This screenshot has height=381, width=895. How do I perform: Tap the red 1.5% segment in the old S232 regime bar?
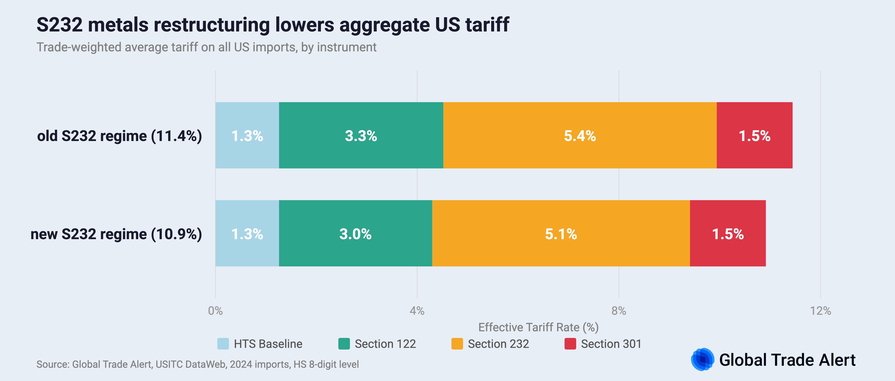click(754, 135)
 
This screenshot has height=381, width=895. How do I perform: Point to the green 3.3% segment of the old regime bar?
click(361, 135)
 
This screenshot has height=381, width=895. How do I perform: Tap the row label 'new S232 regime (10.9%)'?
click(116, 234)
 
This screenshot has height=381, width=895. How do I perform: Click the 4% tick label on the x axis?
click(417, 311)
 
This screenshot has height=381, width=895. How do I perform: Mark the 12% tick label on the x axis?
click(820, 311)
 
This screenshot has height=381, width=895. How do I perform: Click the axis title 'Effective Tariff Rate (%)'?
click(538, 327)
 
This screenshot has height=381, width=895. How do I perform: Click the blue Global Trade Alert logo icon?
click(702, 359)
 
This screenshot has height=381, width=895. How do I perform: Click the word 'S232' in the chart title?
click(59, 25)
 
